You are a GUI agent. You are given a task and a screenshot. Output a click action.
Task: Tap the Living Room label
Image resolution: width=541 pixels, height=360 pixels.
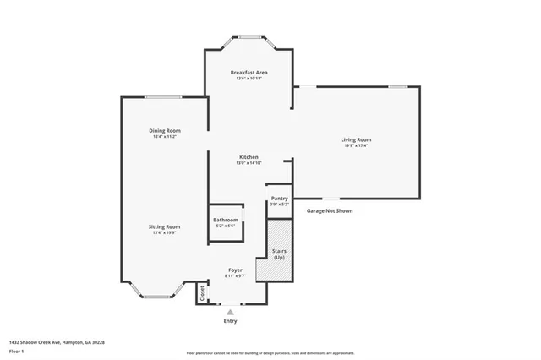(x=356, y=139)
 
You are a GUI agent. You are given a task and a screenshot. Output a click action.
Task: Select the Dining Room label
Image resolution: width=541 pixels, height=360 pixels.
(x=167, y=130)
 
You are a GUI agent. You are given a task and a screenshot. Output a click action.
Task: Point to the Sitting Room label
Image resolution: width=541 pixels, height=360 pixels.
(x=167, y=226)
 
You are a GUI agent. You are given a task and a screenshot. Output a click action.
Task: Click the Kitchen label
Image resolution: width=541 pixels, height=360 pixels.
(x=249, y=157)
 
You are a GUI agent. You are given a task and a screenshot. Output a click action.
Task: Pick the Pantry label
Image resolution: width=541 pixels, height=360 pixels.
(x=279, y=199)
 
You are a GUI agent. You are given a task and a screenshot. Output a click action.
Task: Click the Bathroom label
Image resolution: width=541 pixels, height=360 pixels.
(x=226, y=220)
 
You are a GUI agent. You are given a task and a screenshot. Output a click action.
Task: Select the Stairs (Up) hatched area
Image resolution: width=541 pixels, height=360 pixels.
(x=279, y=252)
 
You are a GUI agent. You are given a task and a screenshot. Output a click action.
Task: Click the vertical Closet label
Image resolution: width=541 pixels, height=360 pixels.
(x=203, y=292)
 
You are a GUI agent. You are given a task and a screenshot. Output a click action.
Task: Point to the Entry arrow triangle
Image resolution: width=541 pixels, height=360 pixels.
(x=230, y=311)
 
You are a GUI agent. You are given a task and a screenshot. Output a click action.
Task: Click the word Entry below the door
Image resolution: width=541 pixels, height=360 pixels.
(x=230, y=321)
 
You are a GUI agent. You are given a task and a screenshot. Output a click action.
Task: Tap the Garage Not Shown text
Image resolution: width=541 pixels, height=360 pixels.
(x=330, y=211)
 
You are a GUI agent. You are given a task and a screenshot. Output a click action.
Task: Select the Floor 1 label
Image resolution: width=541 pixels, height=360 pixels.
(x=17, y=351)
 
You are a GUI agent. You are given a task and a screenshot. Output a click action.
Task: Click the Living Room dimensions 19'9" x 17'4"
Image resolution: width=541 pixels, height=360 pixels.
(x=356, y=146)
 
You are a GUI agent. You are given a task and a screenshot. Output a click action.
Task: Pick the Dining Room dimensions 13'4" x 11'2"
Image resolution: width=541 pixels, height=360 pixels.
(x=167, y=137)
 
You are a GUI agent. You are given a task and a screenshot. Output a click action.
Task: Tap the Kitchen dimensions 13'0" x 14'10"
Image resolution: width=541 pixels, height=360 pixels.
(x=249, y=164)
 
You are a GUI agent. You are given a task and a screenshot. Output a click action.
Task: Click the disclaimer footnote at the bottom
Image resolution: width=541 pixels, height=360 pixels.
(x=270, y=353)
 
